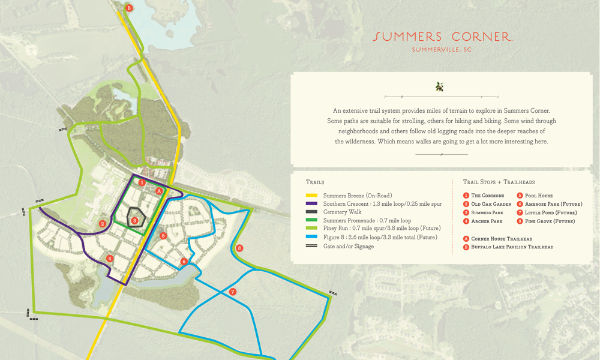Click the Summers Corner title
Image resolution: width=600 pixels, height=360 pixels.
(442, 37)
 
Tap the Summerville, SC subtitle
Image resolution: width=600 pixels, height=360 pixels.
(442, 50)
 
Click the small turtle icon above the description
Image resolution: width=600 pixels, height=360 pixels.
(440, 87)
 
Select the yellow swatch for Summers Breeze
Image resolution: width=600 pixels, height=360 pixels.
(311, 196)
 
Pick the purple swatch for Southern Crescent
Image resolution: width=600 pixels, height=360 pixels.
(311, 204)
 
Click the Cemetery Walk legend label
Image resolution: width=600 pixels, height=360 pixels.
(344, 212)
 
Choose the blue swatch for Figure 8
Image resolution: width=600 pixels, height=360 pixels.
(311, 237)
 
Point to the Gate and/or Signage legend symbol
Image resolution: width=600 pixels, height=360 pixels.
(311, 246)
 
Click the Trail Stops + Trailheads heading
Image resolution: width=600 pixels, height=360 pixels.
(499, 182)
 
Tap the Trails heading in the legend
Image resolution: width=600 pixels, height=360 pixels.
(315, 182)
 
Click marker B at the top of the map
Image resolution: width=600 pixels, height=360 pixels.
(129, 8)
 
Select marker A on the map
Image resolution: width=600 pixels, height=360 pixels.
(159, 191)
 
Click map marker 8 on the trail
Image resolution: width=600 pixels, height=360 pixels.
(239, 248)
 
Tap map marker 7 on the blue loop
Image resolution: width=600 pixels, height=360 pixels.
(232, 292)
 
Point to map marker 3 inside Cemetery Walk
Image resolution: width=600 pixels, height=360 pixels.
(134, 221)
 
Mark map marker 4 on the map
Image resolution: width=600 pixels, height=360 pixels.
(109, 259)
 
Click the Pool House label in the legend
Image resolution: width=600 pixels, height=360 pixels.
(538, 196)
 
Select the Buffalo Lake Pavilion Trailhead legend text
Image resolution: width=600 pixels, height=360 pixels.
(512, 247)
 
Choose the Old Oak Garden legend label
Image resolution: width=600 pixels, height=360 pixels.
(491, 204)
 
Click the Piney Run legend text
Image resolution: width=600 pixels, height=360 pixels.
(381, 229)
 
